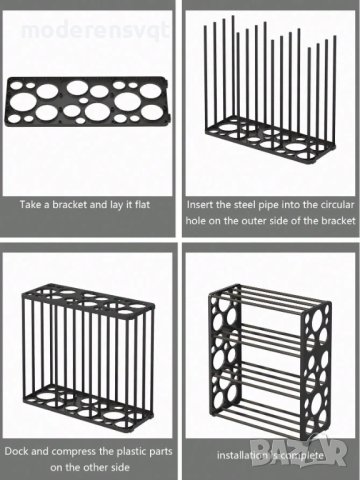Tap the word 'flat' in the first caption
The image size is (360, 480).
(x=142, y=204)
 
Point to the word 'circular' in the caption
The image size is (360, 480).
(x=337, y=204)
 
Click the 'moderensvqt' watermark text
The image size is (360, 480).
(x=95, y=31)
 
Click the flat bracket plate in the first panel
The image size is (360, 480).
(x=88, y=102)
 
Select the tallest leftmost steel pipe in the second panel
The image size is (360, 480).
(x=206, y=77)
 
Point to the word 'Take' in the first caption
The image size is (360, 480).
(x=28, y=204)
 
